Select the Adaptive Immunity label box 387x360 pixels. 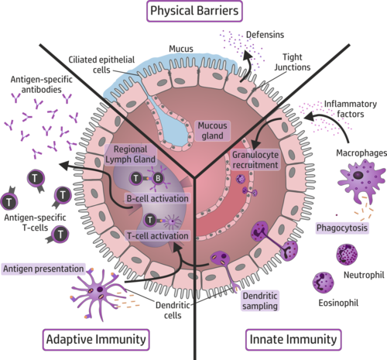point(94,338)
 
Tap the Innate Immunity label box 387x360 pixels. point(293,338)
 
